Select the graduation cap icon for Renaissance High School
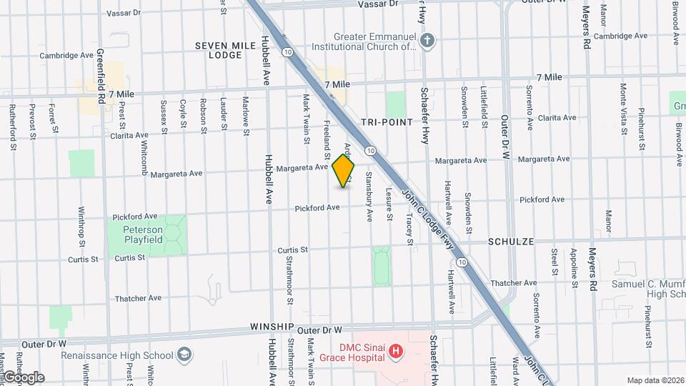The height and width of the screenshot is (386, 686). (x=184, y=355)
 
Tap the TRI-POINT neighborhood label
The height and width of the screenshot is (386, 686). (x=387, y=122)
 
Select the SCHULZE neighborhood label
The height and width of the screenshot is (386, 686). (x=511, y=242)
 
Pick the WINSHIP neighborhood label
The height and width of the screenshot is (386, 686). (x=272, y=327)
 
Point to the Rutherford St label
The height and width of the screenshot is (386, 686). (x=12, y=127)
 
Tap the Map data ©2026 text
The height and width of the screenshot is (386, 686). (x=655, y=380)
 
